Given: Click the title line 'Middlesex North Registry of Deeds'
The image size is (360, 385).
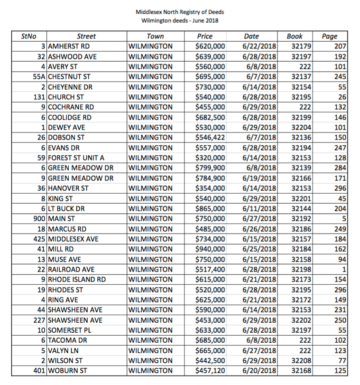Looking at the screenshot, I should [180, 11].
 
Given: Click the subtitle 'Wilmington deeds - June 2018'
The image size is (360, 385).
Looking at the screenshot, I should [180, 20].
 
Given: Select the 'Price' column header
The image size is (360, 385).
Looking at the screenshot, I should [205, 36].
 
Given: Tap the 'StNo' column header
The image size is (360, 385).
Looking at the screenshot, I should [28, 36].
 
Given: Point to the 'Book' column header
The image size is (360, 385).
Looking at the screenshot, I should [295, 36].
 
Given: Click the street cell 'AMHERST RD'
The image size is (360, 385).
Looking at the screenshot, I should [69, 47].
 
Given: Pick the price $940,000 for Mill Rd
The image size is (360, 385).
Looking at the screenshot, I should [210, 249].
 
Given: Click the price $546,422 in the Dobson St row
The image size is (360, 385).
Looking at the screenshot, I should [210, 137].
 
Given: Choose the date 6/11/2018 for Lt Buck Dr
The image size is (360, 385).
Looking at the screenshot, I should [259, 208].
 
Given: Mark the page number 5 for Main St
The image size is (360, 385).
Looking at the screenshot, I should [345, 218].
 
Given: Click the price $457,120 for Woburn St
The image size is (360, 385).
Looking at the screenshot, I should [210, 370].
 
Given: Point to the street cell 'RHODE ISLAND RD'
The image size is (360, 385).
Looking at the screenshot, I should [77, 279].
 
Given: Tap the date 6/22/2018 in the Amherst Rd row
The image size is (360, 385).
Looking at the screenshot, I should [259, 47].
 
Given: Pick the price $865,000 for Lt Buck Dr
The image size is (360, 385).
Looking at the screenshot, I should [210, 208].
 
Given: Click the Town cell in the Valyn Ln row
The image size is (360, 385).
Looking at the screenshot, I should [150, 350].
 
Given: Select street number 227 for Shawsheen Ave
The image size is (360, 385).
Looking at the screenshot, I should [40, 319].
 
